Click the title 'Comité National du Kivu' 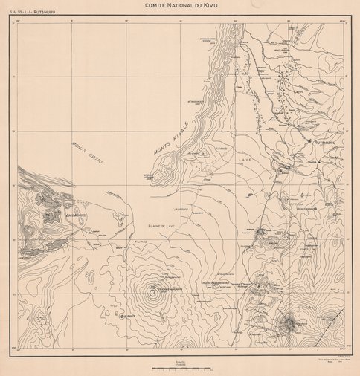pyautogui.click(x=180, y=5)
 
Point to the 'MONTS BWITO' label pyautogui.click(x=86, y=152)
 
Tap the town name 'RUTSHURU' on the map pyautogui.click(x=326, y=141)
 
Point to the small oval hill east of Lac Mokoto pyautogui.click(x=118, y=218)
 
